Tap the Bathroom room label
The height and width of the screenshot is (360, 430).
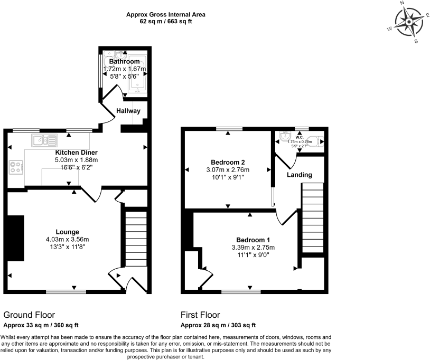124,62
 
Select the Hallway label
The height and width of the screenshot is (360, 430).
128,111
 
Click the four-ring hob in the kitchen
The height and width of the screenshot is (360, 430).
15,167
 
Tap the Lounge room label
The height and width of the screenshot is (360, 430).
68,232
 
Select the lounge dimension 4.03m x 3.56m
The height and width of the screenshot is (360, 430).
68,239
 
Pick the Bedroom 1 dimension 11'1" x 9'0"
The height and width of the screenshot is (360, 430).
253,255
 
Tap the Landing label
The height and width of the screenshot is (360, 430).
300,175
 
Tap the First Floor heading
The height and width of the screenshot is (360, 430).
200,315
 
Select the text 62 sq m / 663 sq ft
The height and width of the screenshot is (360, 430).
166,22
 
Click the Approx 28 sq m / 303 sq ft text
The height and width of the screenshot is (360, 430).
218,325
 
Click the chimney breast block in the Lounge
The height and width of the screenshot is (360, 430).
16,238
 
